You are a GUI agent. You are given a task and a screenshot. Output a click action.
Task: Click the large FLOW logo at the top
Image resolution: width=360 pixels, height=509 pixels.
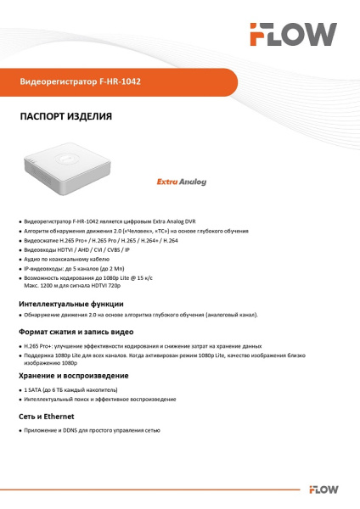coord(292,34)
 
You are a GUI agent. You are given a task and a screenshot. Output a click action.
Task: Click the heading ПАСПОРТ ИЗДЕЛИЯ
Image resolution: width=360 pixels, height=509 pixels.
coord(65,116)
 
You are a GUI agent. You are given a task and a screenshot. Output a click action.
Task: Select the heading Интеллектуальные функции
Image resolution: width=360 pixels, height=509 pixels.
coord(71,303)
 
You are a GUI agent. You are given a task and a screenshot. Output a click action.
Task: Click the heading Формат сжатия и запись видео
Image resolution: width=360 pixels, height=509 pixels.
coord(76,333)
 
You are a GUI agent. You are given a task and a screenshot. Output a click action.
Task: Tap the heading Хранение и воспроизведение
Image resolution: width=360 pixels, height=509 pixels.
coord(74,375)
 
